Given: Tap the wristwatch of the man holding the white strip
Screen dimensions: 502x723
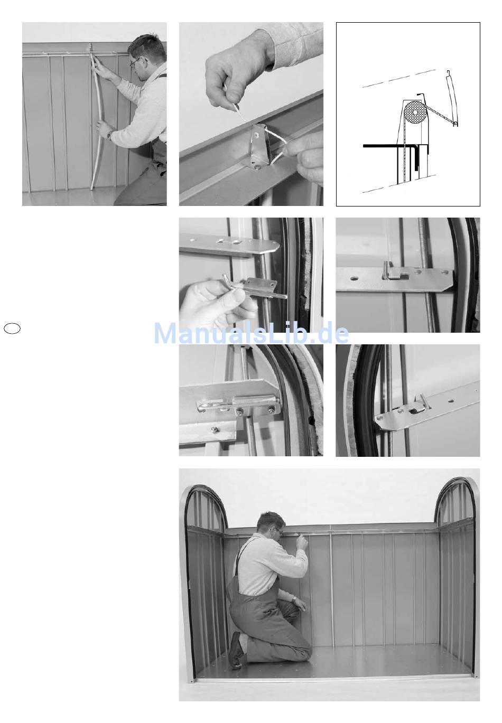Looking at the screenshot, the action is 109,135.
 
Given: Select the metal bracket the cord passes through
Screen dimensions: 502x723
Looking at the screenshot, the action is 260,145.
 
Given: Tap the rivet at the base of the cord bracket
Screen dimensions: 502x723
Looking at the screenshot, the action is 258,166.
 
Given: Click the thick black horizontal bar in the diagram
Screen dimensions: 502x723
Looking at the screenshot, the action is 383,146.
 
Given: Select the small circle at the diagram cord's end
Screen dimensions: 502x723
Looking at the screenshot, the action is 455,123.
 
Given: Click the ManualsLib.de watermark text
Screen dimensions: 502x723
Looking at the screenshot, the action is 252,333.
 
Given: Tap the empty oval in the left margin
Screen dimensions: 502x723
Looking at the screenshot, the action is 12,328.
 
